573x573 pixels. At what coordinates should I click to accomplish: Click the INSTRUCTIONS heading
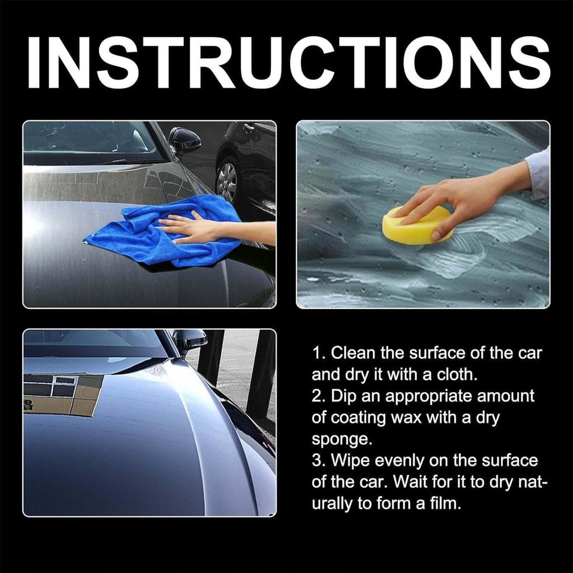point(289,63)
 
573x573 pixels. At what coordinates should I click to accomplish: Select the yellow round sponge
point(416,226)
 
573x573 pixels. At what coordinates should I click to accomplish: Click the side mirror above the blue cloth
point(184,140)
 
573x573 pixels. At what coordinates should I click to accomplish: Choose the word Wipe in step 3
point(350,461)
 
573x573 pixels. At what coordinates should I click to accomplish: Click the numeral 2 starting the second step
point(316,397)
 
